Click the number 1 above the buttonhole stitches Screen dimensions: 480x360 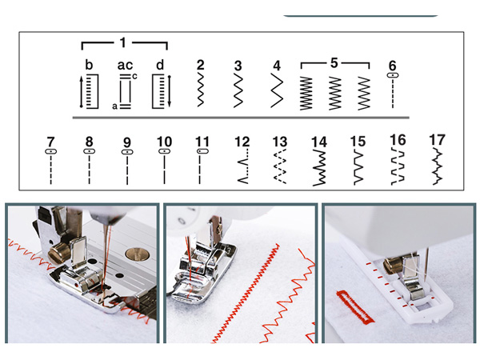coord(122,42)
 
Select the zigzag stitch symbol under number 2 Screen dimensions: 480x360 coord(201,90)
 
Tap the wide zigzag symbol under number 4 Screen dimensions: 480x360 coord(277,90)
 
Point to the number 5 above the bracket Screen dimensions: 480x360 coord(334,63)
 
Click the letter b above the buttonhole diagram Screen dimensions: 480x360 coord(89,65)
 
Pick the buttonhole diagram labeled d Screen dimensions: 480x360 coord(162,91)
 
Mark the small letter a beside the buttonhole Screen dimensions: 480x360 coord(114,106)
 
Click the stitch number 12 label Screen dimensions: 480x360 coord(242,142)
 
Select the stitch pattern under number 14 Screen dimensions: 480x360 coord(319,168)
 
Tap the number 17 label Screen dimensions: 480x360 coord(437,139)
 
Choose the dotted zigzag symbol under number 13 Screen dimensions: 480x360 coord(280,166)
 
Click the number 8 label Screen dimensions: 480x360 coord(89,142)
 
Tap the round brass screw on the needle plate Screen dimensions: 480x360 coord(137,254)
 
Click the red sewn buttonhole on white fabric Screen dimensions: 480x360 coord(354,306)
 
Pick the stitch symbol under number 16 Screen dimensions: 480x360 coord(398,166)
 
